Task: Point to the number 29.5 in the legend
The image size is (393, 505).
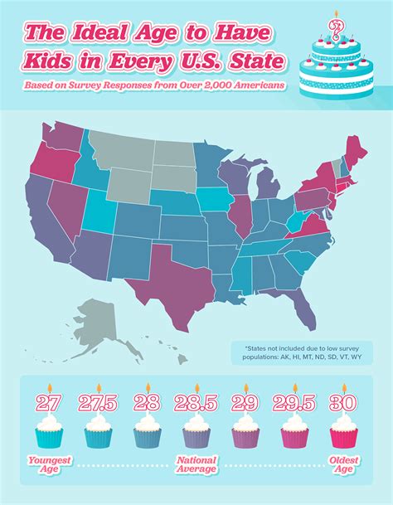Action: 294,403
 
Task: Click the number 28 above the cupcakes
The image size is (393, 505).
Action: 148,403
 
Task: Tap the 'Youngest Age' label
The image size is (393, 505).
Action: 50,464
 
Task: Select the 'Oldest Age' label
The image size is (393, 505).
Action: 343,464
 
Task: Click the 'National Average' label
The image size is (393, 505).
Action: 196,464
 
